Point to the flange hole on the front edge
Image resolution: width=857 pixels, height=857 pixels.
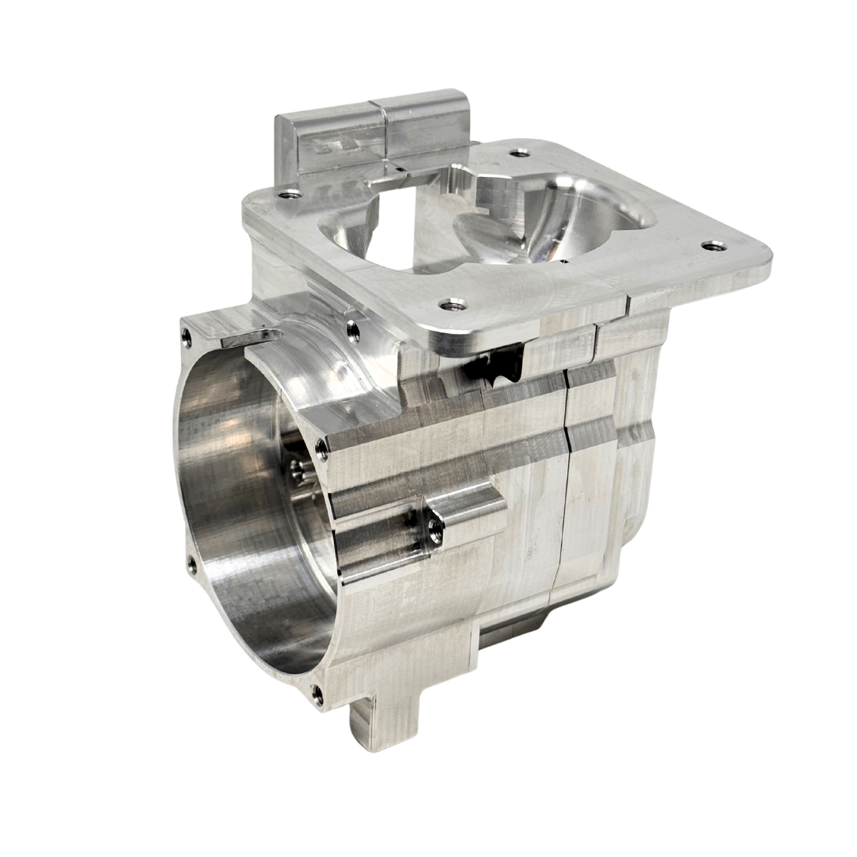coord(453,303)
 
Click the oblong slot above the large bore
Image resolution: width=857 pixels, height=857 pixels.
coord(247,336)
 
